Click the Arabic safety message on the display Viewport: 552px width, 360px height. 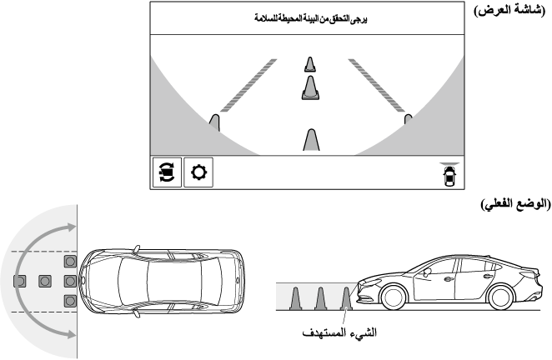309,17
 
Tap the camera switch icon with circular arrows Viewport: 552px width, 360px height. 166,172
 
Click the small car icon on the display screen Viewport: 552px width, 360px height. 451,174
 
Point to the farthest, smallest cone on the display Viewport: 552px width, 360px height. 310,65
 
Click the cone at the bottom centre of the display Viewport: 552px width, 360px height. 310,140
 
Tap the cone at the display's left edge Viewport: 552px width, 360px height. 214,123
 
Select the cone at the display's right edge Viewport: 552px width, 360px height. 409,121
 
